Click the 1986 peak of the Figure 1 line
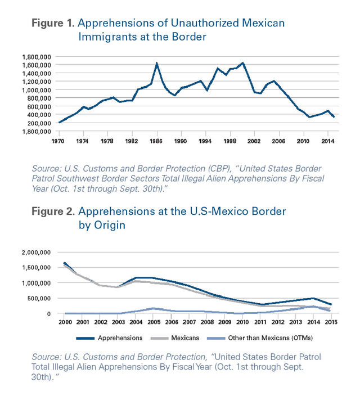156,63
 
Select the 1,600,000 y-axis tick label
38,65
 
